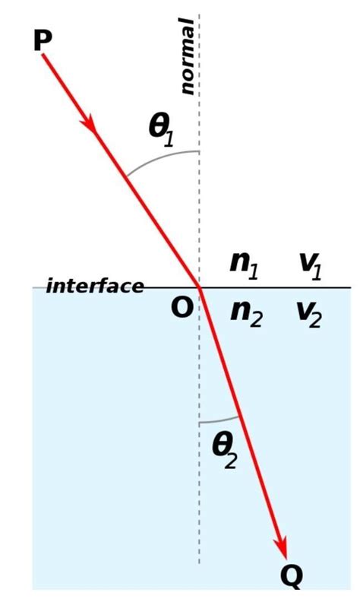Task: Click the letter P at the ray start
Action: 42,40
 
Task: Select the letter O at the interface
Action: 181,309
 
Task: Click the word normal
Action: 186,56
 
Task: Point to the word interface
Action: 95,287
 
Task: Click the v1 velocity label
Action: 310,262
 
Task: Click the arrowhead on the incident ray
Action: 91,124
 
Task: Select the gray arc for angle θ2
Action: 220,420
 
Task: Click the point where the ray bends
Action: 200,288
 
